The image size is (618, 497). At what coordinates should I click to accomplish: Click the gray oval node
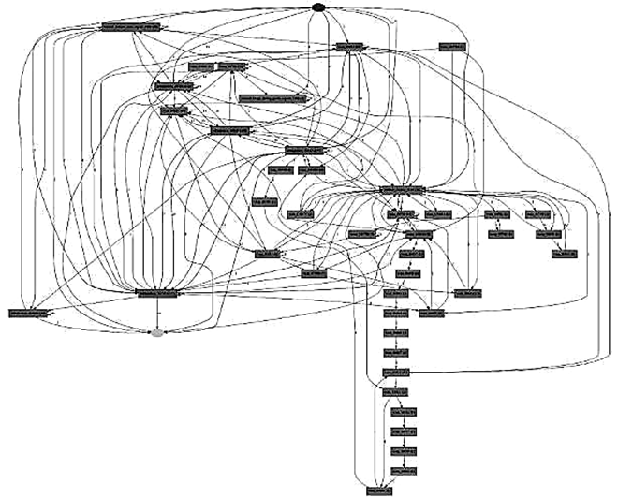click(157, 331)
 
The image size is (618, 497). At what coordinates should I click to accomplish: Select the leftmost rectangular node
click(28, 310)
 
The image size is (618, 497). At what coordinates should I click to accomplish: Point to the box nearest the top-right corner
click(453, 45)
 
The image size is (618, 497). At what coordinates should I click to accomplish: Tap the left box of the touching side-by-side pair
click(202, 66)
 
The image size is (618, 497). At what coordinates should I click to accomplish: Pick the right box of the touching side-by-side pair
click(232, 66)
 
